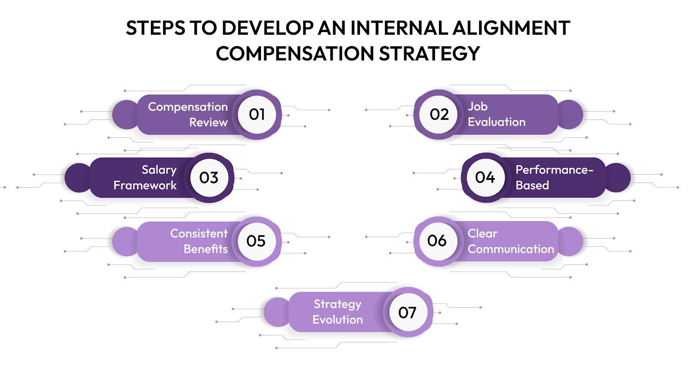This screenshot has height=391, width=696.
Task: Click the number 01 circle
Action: (x=257, y=114)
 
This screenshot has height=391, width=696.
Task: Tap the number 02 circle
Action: (x=438, y=114)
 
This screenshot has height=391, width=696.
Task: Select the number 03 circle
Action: (x=209, y=177)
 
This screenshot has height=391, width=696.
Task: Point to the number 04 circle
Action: (x=485, y=177)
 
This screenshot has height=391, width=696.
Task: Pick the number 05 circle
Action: (x=256, y=241)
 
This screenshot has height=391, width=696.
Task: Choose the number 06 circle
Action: (x=437, y=241)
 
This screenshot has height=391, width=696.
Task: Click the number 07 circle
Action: (x=407, y=312)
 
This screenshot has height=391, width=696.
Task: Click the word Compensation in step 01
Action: (x=187, y=107)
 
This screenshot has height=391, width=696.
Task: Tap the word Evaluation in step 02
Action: (x=496, y=122)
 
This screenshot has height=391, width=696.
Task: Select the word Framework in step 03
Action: (x=145, y=186)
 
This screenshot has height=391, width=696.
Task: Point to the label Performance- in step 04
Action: (x=554, y=170)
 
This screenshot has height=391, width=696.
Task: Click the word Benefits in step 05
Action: (x=205, y=249)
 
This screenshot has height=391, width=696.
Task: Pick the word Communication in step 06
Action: (x=511, y=249)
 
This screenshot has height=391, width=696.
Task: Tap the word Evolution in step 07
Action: (x=338, y=319)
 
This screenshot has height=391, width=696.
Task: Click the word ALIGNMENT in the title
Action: (x=511, y=28)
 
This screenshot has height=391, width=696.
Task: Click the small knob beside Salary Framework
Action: (x=78, y=177)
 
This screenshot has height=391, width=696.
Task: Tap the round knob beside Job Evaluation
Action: (x=570, y=114)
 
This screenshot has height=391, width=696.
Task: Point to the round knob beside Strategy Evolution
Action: (x=277, y=312)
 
